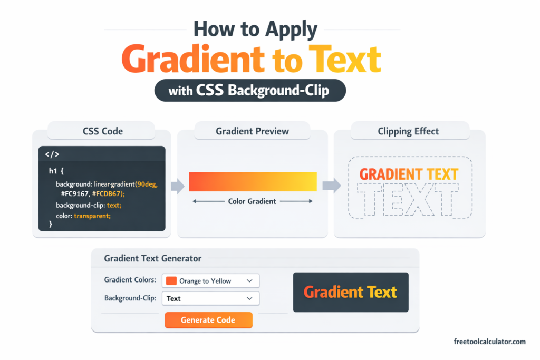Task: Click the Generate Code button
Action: (x=208, y=320)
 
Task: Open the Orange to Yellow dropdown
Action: (x=210, y=281)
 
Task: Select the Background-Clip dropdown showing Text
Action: (x=210, y=298)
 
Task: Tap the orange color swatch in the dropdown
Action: (x=171, y=281)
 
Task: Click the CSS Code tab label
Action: (x=101, y=131)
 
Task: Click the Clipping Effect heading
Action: (x=408, y=131)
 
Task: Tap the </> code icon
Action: (x=52, y=155)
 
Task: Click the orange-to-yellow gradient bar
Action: (x=253, y=181)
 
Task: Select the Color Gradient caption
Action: (x=252, y=201)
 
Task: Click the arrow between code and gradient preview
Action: (x=178, y=186)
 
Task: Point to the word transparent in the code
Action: (x=93, y=216)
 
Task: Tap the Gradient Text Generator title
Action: (x=152, y=258)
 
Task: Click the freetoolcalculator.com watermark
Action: (x=489, y=342)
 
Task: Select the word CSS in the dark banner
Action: (x=210, y=91)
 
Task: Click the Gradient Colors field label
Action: (x=130, y=280)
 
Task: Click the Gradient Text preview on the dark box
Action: (x=350, y=292)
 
